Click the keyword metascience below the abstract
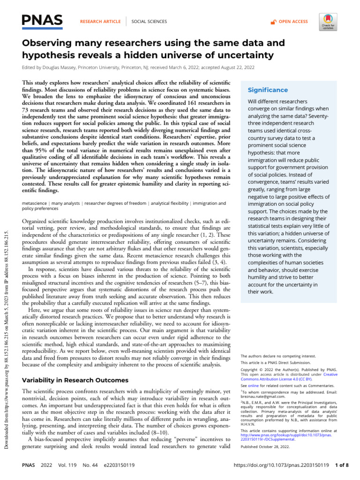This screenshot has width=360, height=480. click(x=36, y=203)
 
